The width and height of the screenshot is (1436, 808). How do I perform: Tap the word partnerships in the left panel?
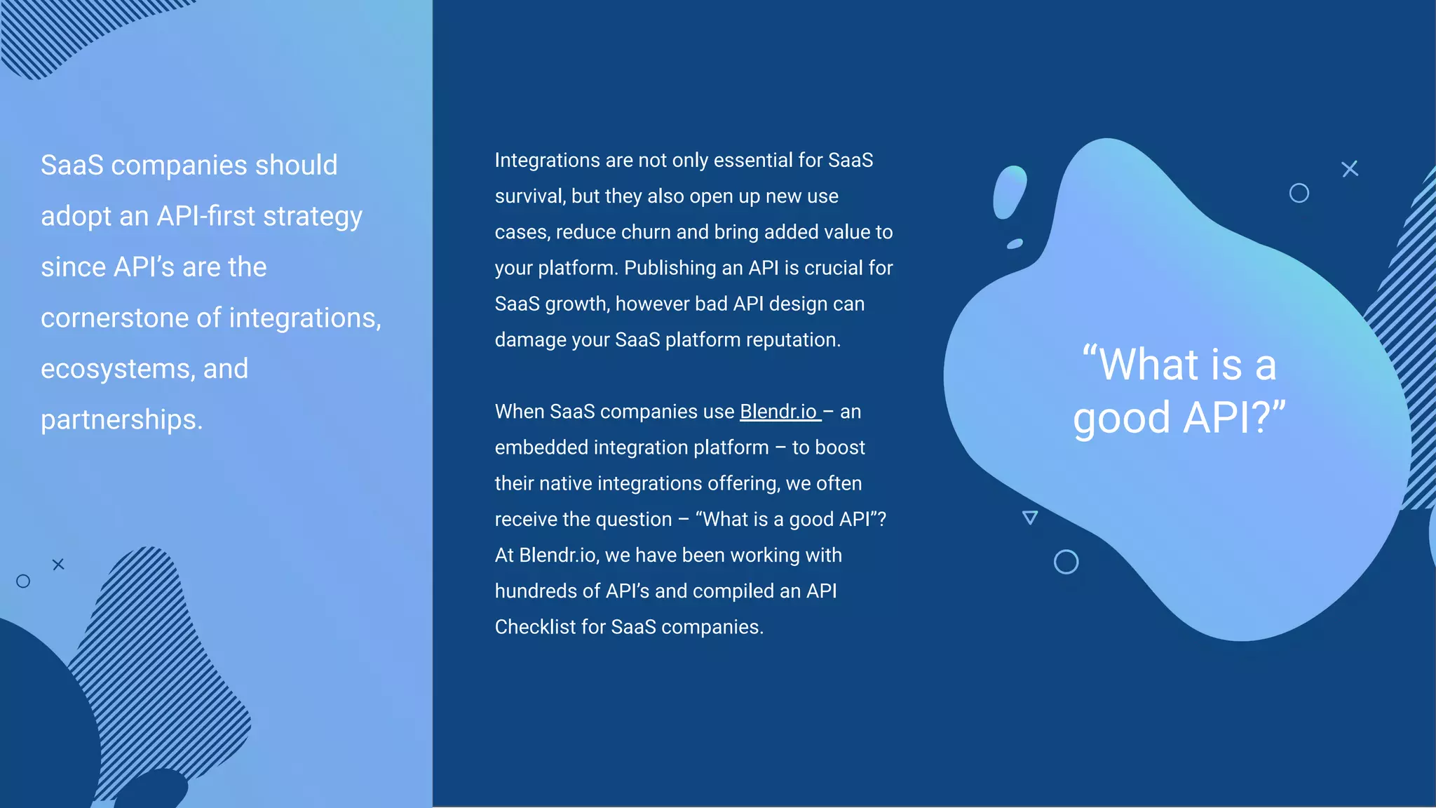pos(121,420)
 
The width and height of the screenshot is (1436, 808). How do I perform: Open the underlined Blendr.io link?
pos(779,412)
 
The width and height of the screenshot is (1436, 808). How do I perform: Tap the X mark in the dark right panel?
pos(1350,169)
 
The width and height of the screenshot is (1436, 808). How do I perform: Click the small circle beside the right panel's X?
pos(1299,193)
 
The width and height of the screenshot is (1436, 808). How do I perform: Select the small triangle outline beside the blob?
pos(1029,518)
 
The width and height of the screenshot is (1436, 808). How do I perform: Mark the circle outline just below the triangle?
pos(1066,562)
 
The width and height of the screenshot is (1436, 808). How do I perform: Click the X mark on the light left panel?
pos(58,564)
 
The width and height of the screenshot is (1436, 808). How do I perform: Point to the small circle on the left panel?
pos(23,581)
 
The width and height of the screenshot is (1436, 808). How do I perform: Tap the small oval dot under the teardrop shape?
pos(1015,244)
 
